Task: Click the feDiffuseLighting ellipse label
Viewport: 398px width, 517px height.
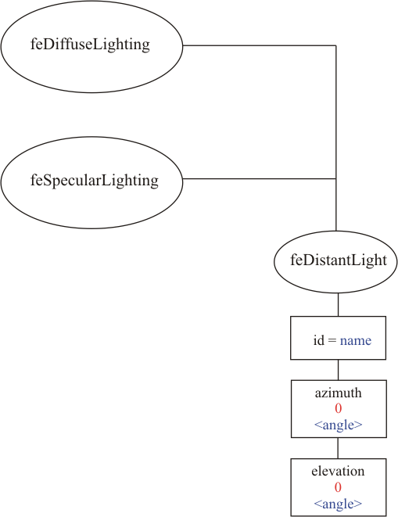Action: [90, 45]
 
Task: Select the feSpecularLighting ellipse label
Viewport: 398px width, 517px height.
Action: [95, 181]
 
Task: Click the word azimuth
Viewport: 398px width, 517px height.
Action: [338, 393]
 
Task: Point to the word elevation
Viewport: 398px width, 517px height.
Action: [338, 471]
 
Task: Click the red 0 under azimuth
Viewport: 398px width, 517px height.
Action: [338, 408]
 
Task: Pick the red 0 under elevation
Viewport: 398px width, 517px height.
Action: [338, 487]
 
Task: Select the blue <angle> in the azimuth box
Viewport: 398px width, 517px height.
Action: [339, 425]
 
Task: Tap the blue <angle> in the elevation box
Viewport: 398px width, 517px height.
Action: [338, 504]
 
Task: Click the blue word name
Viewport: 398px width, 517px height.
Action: [356, 340]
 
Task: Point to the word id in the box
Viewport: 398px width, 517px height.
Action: [318, 340]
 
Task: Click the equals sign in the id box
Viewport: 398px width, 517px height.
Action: [332, 340]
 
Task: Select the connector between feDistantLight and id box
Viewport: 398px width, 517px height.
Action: [338, 305]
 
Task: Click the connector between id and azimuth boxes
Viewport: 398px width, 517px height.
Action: [338, 370]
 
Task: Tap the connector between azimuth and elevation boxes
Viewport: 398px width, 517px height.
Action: [338, 448]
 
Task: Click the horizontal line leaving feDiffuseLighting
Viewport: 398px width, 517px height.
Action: [259, 45]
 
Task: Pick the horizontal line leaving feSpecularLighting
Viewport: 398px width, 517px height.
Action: [259, 179]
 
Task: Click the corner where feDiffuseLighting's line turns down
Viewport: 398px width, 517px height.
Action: [336, 45]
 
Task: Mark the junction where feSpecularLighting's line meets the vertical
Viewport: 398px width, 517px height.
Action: [336, 179]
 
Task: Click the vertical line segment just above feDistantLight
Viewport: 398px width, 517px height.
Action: [336, 205]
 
